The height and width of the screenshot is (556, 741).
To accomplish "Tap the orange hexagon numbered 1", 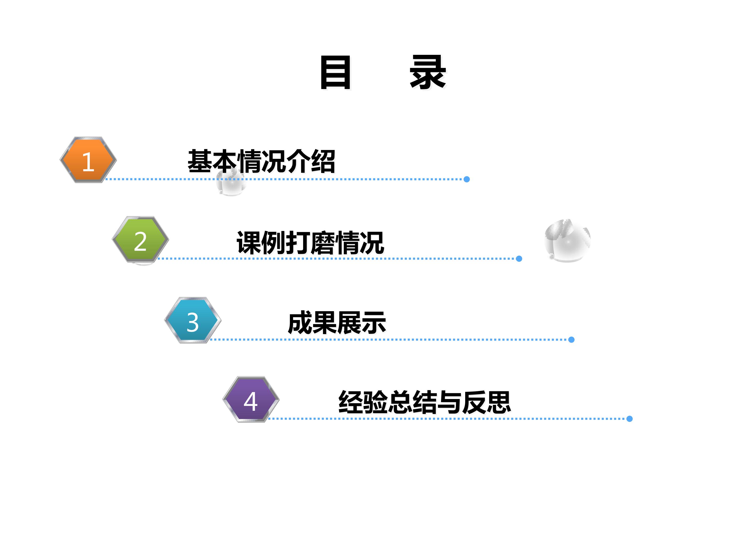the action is (88, 160).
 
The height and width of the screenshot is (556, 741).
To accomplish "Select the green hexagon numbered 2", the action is (140, 239).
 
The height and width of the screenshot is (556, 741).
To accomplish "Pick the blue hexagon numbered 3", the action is (193, 320).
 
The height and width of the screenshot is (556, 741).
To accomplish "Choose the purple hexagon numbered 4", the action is (251, 399).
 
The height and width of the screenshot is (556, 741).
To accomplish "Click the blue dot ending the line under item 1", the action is (467, 179).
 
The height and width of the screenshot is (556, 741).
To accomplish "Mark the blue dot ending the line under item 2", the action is (519, 259).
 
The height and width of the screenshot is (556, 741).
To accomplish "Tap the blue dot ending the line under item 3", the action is (571, 340).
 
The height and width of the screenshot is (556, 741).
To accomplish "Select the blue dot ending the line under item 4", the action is (629, 419).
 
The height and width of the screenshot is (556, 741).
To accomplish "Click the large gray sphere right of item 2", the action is (568, 241).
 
